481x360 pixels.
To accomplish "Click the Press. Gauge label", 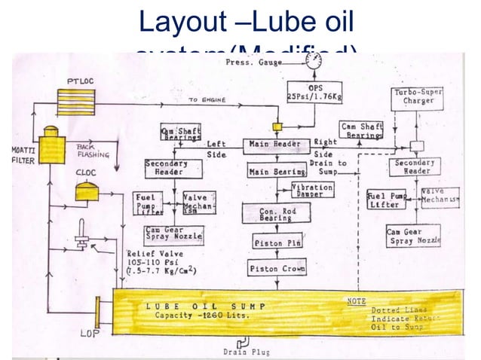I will point(251,63).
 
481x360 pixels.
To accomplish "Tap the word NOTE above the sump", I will point(356,301).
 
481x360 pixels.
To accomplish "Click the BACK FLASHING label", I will point(93,152).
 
